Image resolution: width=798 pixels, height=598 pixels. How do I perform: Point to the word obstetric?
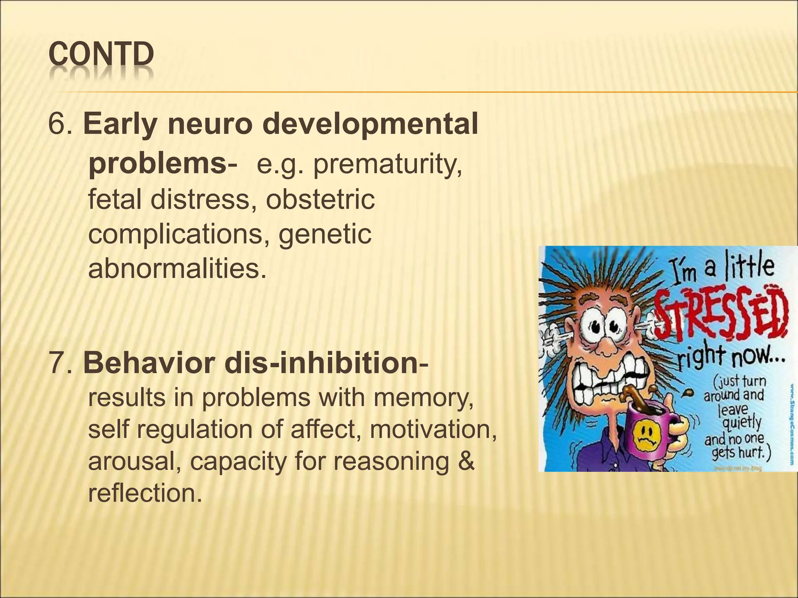[320, 199]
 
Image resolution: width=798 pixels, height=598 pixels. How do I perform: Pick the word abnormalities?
[177, 269]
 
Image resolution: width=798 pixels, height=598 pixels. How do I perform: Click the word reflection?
[145, 493]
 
